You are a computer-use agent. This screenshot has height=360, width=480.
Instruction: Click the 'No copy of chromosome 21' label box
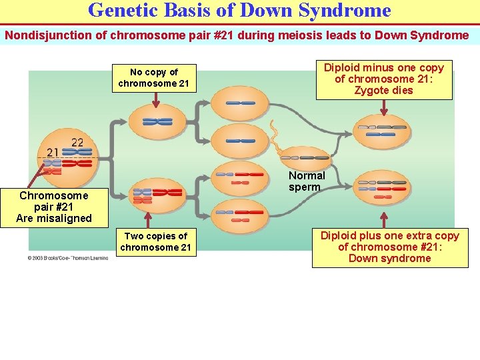coord(154,78)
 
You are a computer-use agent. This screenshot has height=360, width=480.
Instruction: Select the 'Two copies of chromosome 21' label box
coord(155,242)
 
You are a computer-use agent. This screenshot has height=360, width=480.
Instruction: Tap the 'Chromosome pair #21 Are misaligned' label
coord(53,207)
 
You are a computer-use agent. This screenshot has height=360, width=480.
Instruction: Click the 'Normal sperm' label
coord(307,181)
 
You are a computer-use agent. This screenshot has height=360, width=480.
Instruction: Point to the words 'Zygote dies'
coord(383,91)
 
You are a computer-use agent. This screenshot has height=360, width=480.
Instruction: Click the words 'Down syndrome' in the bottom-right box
coord(389,259)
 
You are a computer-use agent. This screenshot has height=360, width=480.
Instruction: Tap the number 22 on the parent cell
coord(77,142)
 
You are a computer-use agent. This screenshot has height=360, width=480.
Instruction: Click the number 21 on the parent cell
coord(53,153)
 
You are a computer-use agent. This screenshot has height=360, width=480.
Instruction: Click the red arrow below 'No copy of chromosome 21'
coord(155,99)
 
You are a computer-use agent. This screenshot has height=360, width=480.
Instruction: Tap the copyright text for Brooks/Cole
coord(67,257)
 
